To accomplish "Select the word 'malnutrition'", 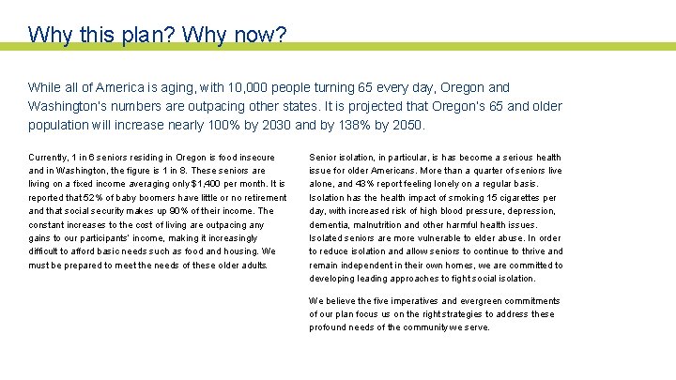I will (390, 225).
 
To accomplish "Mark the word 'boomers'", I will (148, 198).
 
